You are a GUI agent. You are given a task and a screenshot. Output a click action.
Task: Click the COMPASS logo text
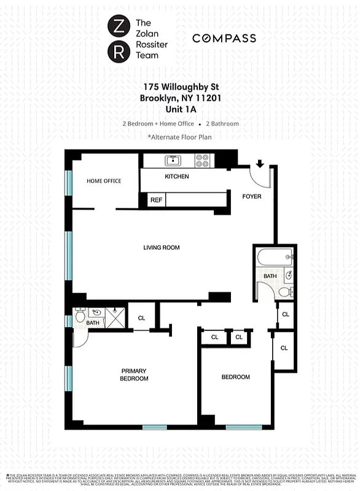pos(224,38)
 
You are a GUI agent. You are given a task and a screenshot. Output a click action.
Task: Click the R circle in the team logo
pos(117,52)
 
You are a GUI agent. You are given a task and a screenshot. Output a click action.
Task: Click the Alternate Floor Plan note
pos(180,137)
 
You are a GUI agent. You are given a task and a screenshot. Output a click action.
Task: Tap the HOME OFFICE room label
pos(104,181)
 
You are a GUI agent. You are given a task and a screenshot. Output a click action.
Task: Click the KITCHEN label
pos(177,177)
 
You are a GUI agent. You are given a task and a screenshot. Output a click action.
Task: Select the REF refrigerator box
pos(156,200)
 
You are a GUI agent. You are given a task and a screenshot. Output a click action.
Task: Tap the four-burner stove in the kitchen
pos(202,161)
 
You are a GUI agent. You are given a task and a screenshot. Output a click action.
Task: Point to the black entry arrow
pos(260,164)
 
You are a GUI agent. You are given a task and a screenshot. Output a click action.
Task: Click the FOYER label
pos(252,197)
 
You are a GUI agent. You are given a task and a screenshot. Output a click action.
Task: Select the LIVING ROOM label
pos(161,248)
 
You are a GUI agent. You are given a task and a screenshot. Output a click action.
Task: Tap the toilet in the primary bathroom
pos(80,316)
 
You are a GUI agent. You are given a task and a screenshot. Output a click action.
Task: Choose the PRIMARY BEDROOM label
pos(134,374)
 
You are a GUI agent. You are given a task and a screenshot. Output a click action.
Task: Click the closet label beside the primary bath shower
pos(141,318)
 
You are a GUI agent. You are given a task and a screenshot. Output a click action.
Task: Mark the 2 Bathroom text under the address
pos(222,123)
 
